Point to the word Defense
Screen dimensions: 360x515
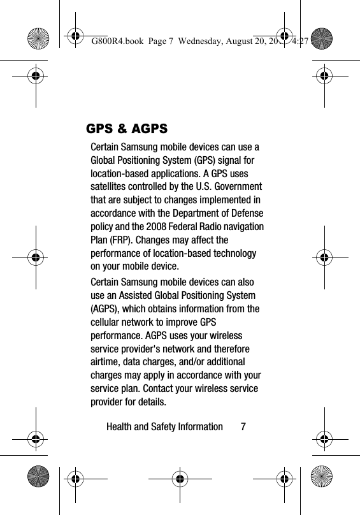click(246, 213)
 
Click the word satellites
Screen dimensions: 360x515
click(111, 186)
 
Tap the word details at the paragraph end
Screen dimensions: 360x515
click(151, 403)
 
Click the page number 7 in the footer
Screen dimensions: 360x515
click(243, 426)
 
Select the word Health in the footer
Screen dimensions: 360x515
click(119, 426)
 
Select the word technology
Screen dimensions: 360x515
click(233, 253)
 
